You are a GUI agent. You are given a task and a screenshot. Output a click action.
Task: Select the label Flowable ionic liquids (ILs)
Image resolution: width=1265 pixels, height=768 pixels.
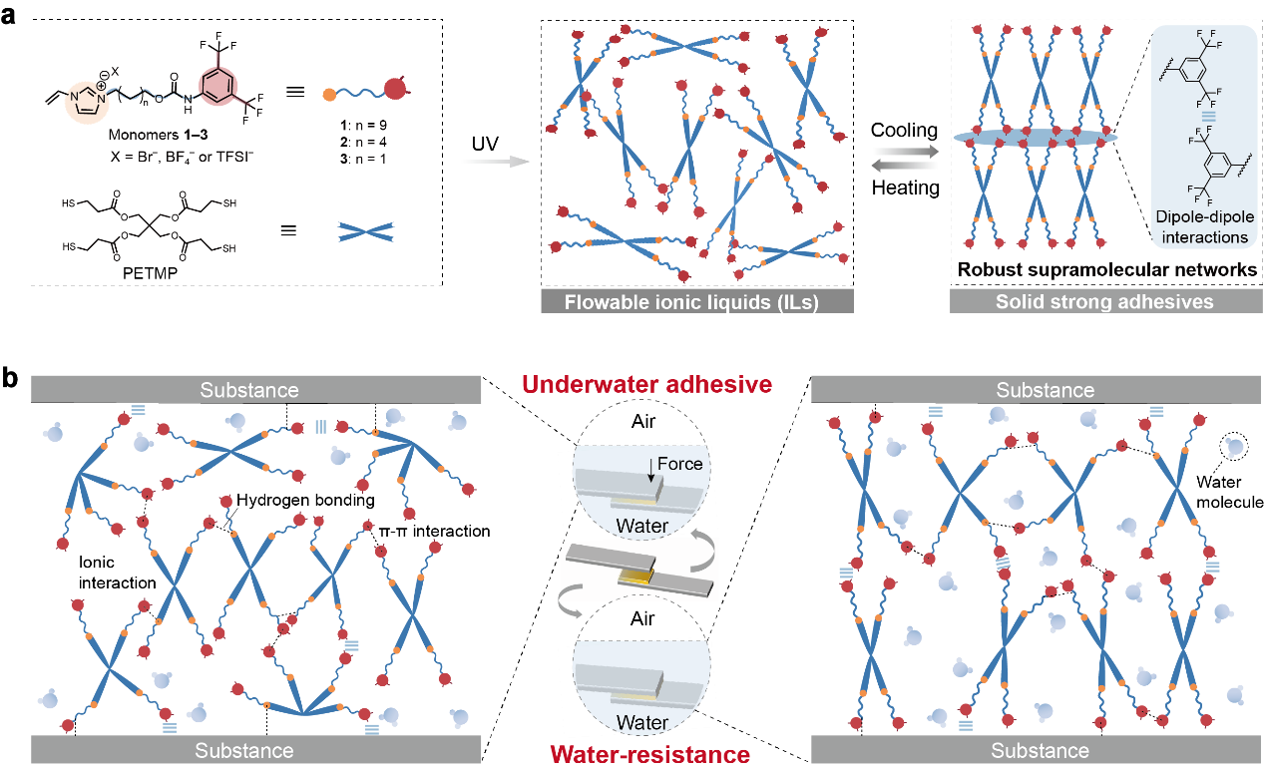pos(696,301)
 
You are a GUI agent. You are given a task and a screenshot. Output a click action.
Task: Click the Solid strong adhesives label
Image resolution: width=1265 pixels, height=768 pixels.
pos(1104,301)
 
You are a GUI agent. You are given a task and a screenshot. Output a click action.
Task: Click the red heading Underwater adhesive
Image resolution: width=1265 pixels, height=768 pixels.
pos(646,384)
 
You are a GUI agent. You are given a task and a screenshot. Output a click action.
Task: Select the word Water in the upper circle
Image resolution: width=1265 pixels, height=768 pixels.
pos(641,526)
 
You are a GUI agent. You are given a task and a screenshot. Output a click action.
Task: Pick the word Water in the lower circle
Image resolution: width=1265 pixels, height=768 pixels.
pos(641,722)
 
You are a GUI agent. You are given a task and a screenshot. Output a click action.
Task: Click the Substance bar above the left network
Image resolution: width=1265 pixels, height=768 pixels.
pos(248,390)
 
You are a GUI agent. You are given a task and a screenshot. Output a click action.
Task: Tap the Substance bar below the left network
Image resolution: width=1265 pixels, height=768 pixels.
pos(244,750)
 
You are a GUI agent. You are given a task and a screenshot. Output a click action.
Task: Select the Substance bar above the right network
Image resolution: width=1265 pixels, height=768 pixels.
pos(1045,390)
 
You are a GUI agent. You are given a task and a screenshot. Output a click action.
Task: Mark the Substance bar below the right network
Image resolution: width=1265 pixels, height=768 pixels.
pos(1040,750)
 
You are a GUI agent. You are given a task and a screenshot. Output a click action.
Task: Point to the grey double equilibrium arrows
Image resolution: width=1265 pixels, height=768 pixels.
pos(905,159)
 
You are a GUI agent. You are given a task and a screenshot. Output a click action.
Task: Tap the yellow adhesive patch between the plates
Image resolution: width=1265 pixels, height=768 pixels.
pos(634,576)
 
